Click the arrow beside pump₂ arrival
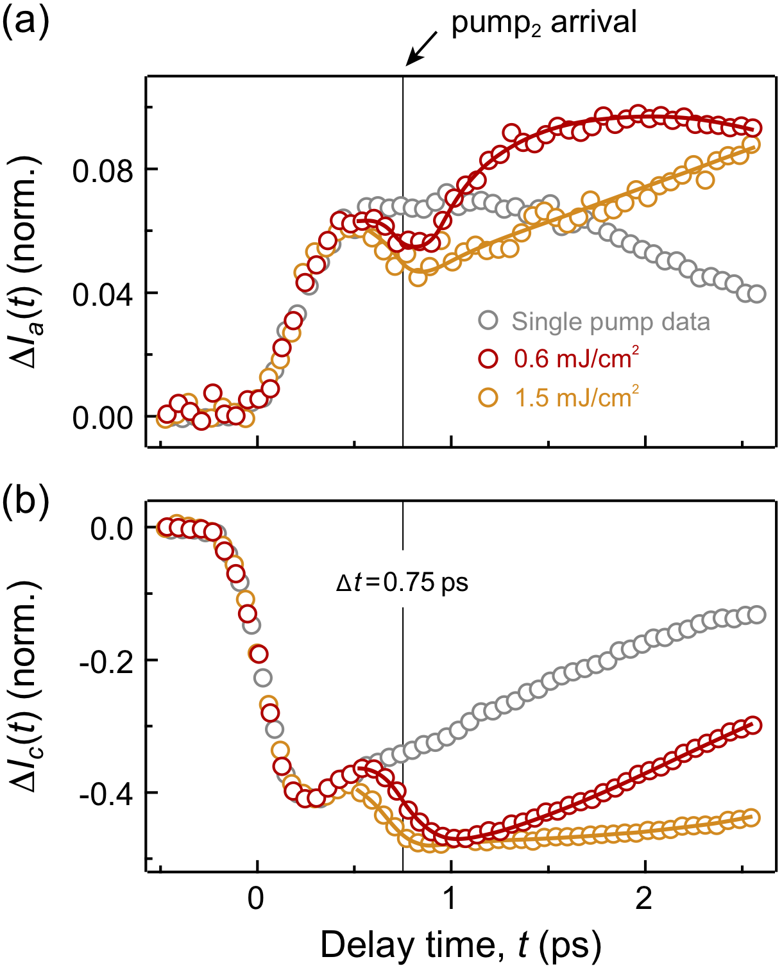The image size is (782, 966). [x=421, y=49]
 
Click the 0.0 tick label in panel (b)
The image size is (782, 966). [x=112, y=529]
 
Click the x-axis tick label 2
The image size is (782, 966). [x=644, y=899]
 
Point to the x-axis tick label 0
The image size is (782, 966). [x=257, y=899]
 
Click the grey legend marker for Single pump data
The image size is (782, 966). [x=488, y=321]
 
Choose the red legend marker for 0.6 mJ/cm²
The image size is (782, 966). [x=488, y=359]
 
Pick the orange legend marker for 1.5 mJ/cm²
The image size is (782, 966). [x=488, y=397]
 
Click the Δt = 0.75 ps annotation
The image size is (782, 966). [x=402, y=583]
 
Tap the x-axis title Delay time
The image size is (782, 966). [x=460, y=945]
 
